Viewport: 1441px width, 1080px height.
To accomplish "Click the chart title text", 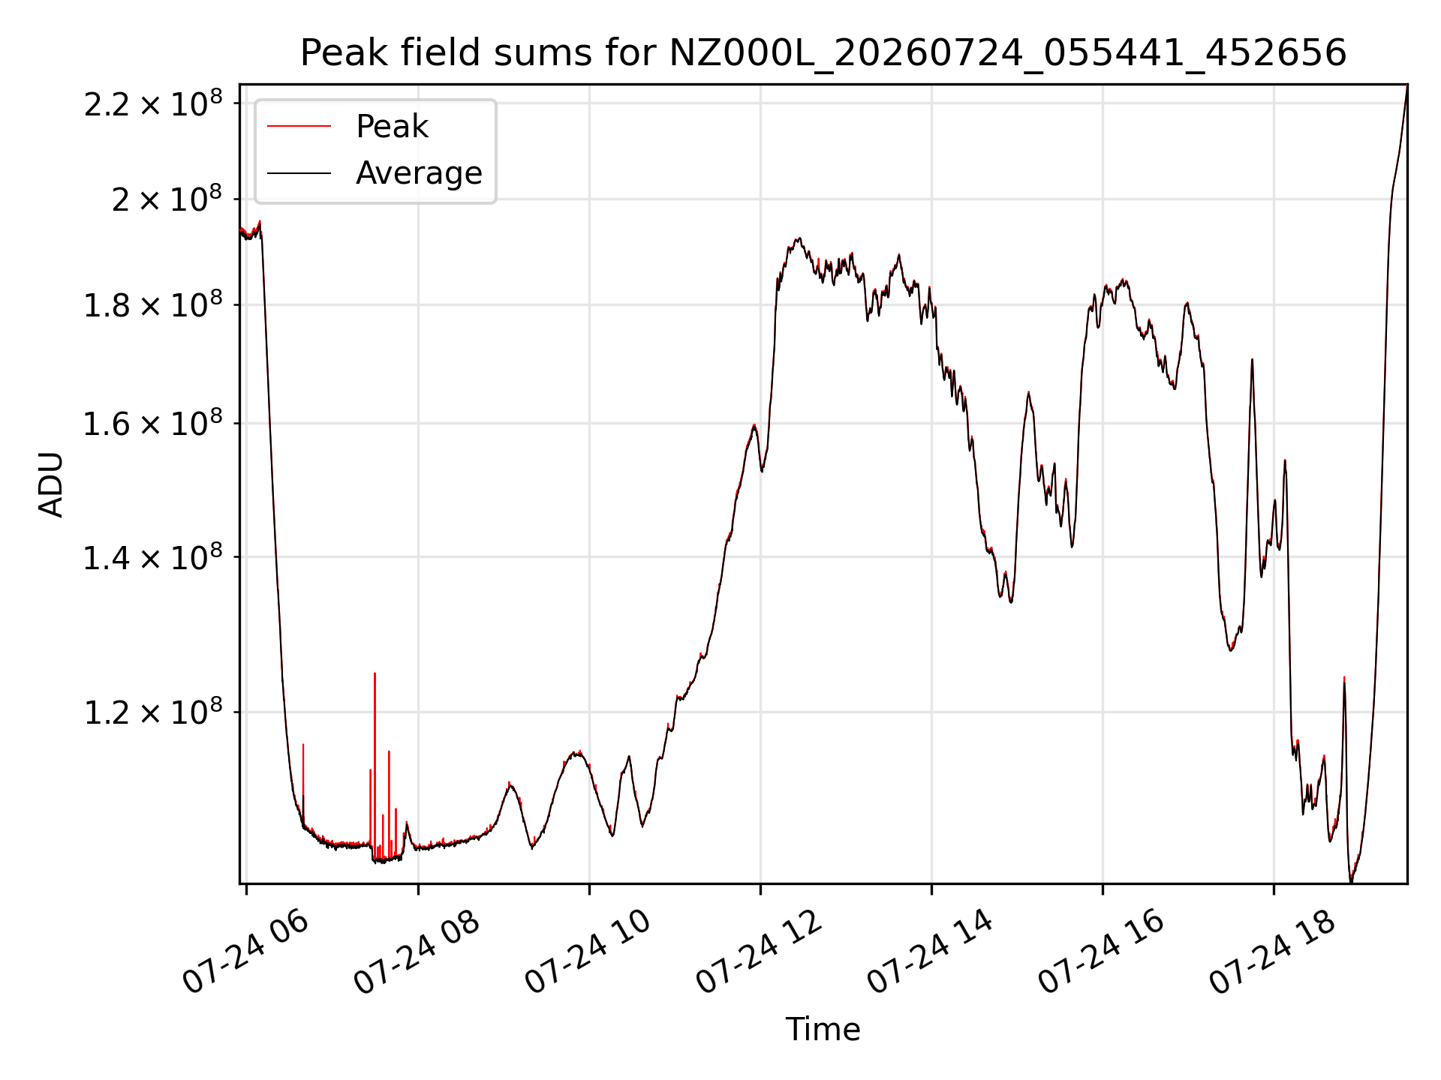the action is point(823,53).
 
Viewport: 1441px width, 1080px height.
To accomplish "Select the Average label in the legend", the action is point(419,173).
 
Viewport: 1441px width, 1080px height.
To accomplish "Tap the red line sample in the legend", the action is point(299,127).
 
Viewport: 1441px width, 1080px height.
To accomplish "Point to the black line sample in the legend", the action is point(299,173).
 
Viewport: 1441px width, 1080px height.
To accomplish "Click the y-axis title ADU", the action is point(51,484).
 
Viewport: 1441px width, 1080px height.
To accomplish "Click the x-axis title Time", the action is point(823,1029).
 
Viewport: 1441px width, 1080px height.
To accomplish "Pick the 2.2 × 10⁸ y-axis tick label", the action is point(153,103).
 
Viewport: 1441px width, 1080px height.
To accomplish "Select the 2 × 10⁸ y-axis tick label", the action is point(167,199).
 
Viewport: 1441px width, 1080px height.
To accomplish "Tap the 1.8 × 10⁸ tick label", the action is point(153,305).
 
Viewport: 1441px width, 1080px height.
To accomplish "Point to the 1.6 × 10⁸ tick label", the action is point(153,424).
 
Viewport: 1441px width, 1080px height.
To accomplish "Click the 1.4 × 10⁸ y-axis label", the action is point(153,557).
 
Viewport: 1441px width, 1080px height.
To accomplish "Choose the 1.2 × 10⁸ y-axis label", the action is point(153,712).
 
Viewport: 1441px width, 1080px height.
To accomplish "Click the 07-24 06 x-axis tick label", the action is point(245,951).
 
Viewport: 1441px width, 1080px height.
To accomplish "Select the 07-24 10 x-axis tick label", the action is point(588,951).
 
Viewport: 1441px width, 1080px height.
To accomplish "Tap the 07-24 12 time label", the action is point(759,951).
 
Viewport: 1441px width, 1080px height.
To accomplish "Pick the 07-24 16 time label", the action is point(1101,951).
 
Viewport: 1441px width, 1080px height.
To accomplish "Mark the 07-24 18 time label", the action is point(1272,951).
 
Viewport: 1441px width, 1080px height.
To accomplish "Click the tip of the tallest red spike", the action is point(375,673).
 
